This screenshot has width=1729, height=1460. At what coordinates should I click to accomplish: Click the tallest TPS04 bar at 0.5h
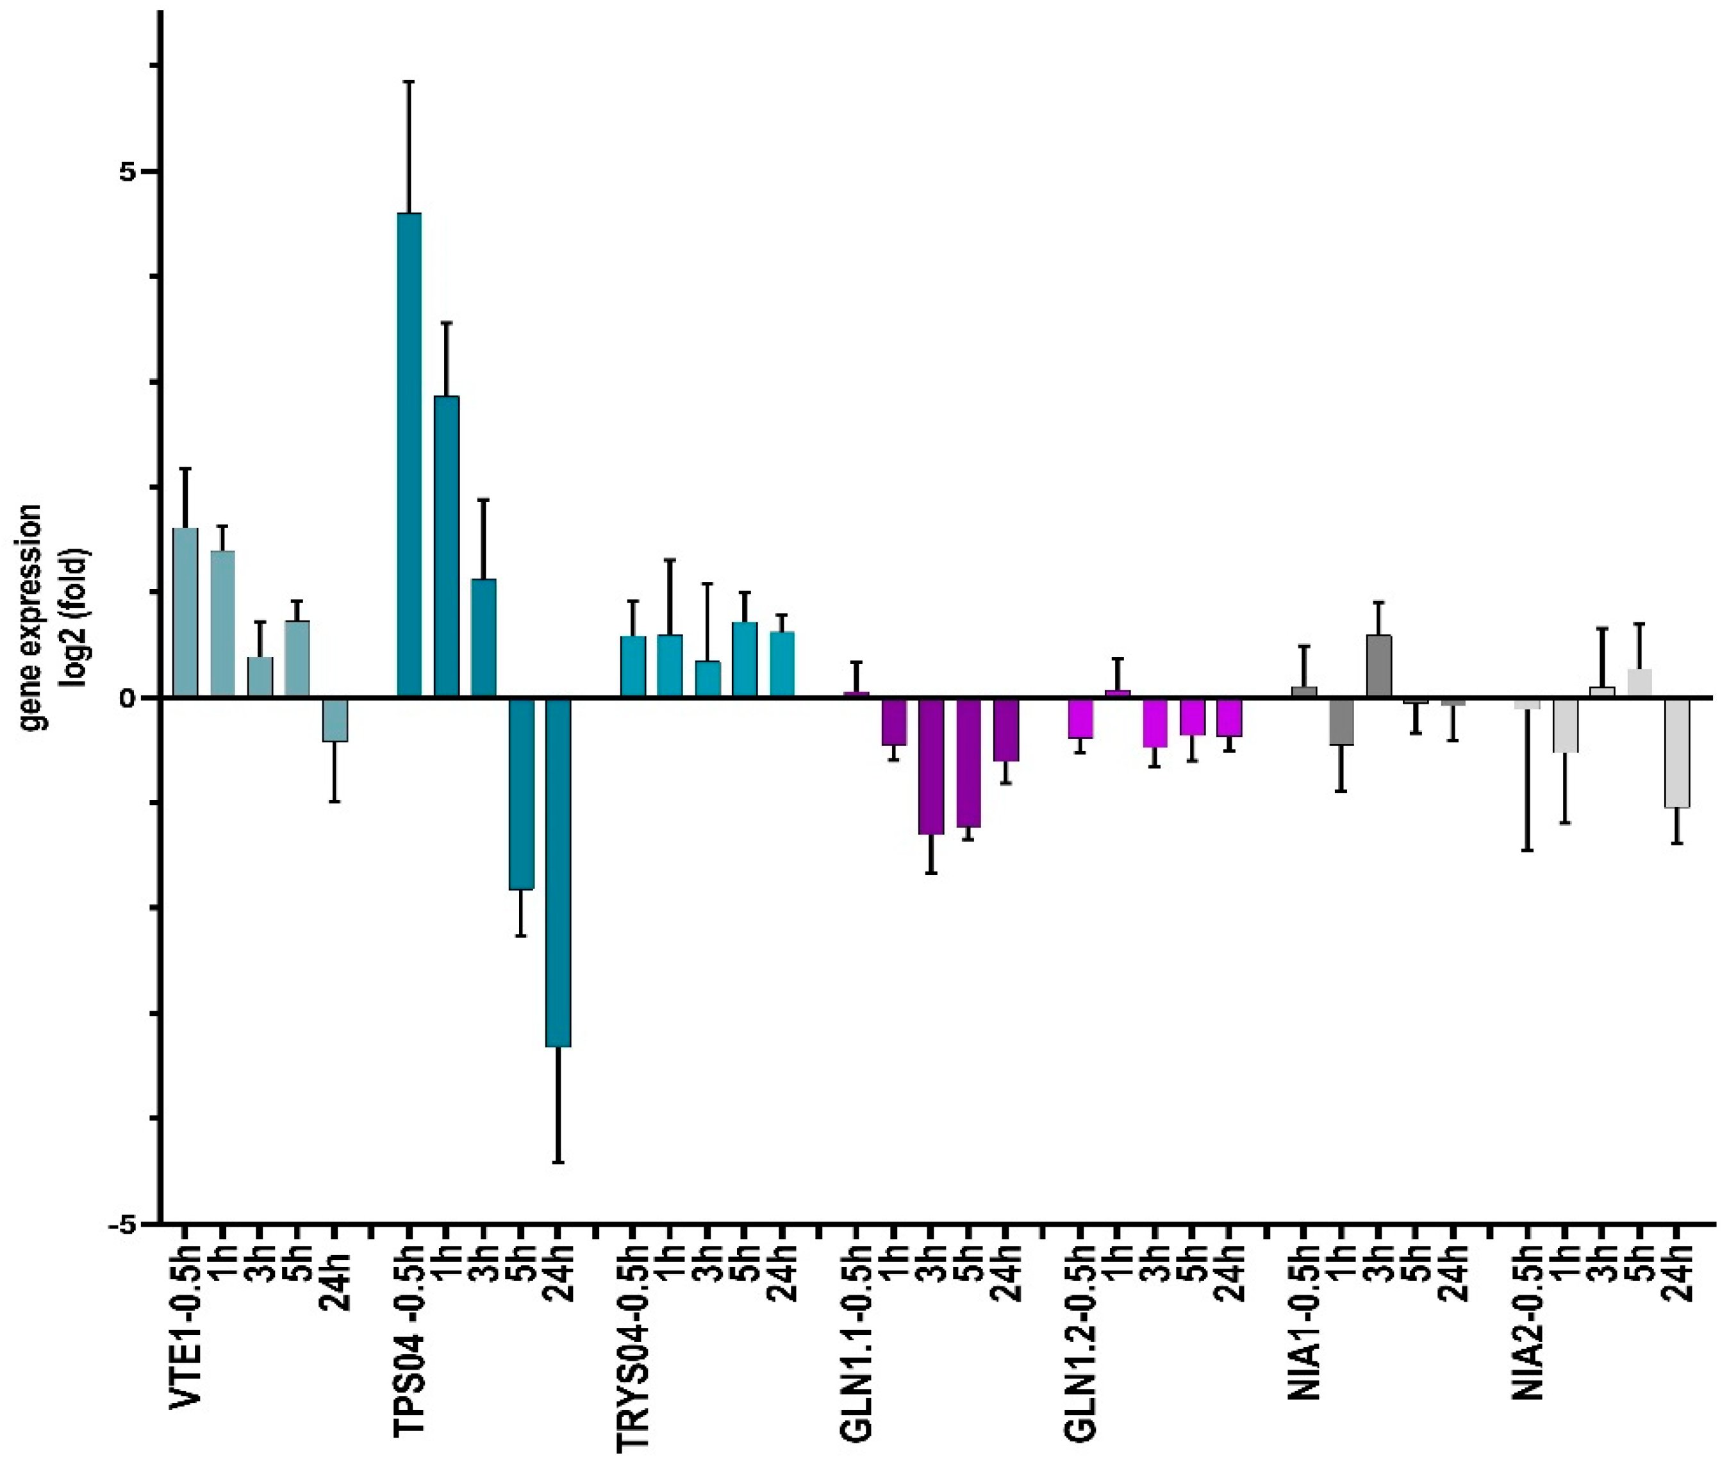409,455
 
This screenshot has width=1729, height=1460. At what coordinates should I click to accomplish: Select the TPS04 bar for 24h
558,872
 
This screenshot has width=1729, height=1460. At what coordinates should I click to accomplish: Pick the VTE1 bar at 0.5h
185,613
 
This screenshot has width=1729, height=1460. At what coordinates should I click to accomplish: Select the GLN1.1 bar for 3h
931,766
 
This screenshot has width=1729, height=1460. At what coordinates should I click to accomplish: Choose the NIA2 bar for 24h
1677,752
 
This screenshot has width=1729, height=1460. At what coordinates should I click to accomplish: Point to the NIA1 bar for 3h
1379,667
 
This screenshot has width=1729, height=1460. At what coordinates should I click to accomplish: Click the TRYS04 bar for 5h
744,659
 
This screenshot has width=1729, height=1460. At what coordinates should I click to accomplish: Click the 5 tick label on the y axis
126,172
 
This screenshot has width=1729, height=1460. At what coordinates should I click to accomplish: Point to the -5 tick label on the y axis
122,1224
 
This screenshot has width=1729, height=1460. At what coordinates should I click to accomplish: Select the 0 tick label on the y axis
126,698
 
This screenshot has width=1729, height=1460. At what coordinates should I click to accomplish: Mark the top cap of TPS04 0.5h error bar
409,82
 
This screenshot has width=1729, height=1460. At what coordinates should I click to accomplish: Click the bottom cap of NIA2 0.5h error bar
1528,850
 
